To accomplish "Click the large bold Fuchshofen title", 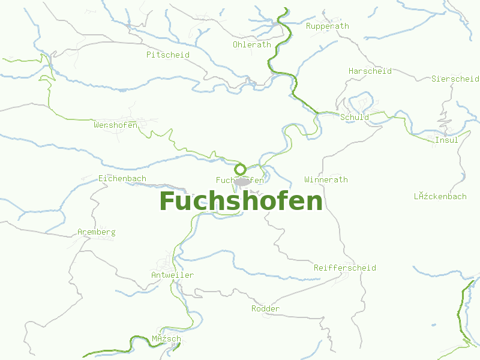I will coord(241,201).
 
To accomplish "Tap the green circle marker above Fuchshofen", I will coord(241,169).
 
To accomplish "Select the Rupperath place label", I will coord(327,26).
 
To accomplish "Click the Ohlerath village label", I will coord(252,44).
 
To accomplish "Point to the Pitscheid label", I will coord(168,55).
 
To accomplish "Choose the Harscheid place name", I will coord(370,71).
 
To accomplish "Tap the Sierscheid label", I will coord(455,79).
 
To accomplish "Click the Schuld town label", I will coord(355,117).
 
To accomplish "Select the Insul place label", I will coord(446,140).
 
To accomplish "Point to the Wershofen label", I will coord(116,125).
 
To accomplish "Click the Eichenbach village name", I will coord(122,179).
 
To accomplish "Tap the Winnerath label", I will coord(326,179).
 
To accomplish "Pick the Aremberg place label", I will coord(97,232).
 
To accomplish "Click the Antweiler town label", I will coord(172,275).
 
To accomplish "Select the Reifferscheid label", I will coord(345,268).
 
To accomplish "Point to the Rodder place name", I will coord(265,308).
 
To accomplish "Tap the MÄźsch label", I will coord(166,339).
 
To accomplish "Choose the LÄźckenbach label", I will coord(440,196).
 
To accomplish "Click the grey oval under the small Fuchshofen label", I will coord(241,182).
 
